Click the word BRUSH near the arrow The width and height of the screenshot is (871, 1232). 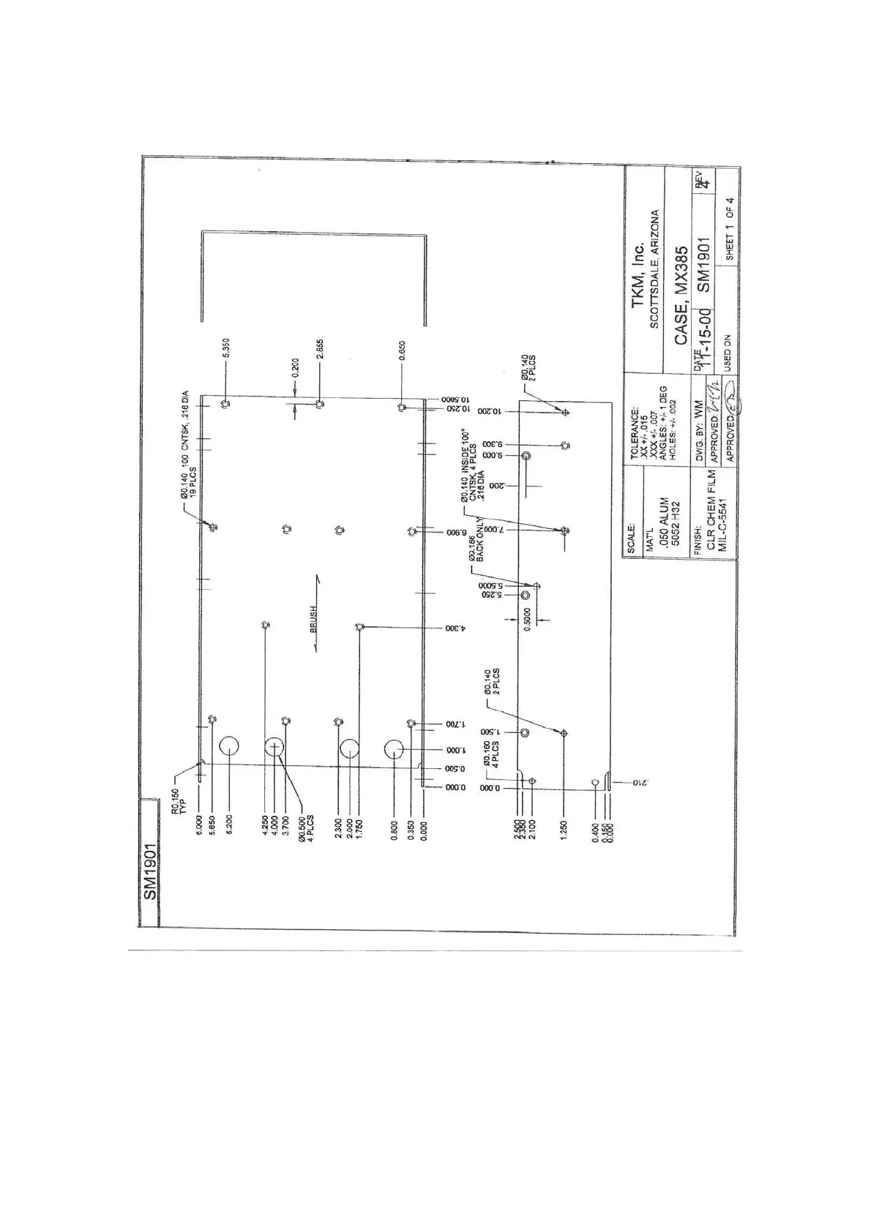pos(313,619)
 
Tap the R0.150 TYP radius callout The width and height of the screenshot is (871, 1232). pos(179,802)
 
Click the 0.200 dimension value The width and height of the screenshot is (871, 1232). pos(295,368)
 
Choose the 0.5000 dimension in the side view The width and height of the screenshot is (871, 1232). pos(528,619)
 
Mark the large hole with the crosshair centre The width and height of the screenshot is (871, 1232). pos(275,747)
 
